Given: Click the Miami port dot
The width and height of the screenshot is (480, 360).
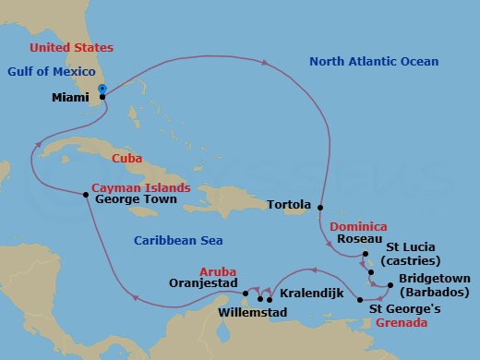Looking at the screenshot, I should coord(102,96).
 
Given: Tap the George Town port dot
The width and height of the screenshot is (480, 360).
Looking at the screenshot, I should coord(86,194).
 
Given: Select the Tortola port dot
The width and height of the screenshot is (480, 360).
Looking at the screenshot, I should coord(320,207).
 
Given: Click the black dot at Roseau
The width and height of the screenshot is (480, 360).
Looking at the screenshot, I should coord(366,254).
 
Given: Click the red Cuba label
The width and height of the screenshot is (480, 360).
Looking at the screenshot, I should coord(126,158).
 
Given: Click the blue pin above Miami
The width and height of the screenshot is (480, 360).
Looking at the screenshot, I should coord(102,89).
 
